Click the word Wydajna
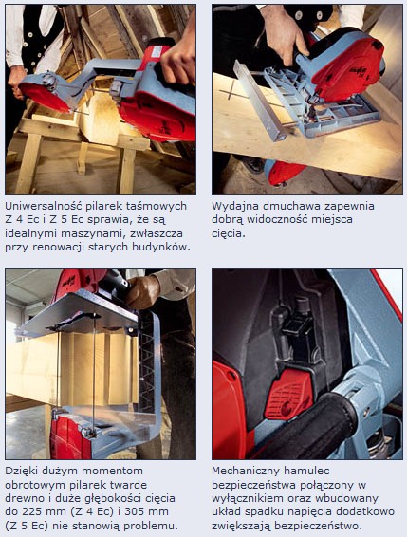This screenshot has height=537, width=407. pos(235,205)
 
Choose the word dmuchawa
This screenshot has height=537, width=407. pos(292,205)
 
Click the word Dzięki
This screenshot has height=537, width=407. pos(24,471)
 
